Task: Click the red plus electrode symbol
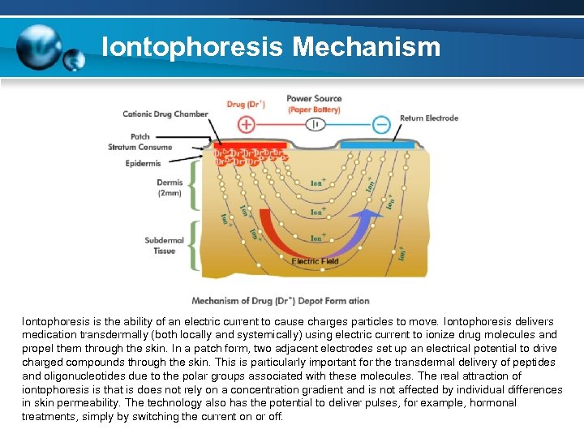coord(246,124)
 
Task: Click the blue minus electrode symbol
coord(381,124)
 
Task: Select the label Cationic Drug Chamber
coord(165,114)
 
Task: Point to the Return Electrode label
coord(429,118)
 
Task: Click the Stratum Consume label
coord(140,147)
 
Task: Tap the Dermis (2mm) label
coord(170,187)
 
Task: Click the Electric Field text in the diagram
coord(316,262)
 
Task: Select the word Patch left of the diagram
coord(140,136)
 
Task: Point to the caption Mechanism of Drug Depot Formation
coord(281,301)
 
